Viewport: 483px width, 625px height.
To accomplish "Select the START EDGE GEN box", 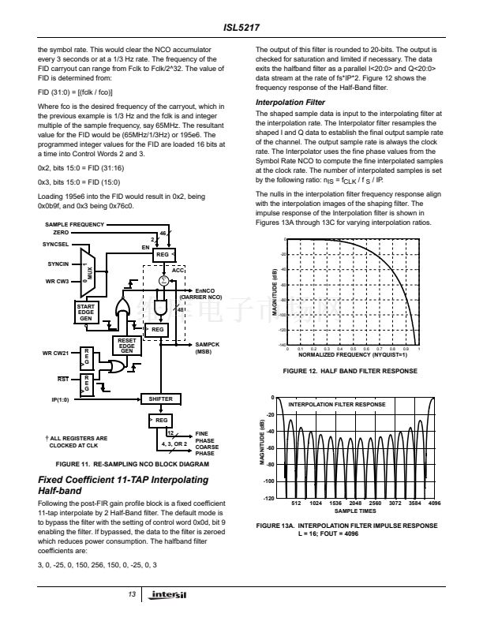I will point(87,312).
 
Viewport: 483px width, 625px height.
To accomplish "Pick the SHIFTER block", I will point(160,399).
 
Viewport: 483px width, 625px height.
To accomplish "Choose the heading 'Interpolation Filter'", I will point(290,103).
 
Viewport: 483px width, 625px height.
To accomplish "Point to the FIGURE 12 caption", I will point(350,371).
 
